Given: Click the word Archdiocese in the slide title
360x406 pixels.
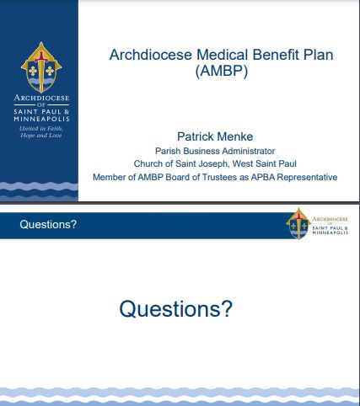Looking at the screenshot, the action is [151, 55].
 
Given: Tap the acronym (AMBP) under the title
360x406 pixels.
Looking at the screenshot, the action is [222, 71].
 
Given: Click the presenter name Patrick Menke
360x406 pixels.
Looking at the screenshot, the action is [215, 136].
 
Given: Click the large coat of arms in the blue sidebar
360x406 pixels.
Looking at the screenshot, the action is [41, 67].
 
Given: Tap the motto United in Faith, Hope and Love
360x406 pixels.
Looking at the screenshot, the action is [41, 132].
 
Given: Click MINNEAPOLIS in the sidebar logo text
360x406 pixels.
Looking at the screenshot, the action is [41, 119].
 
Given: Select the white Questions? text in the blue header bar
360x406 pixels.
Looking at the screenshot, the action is [48, 225].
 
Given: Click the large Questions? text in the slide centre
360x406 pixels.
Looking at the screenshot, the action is [176, 309].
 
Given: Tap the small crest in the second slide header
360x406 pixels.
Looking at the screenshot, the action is [298, 224].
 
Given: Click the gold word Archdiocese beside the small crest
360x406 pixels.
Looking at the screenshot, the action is [330, 219].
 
